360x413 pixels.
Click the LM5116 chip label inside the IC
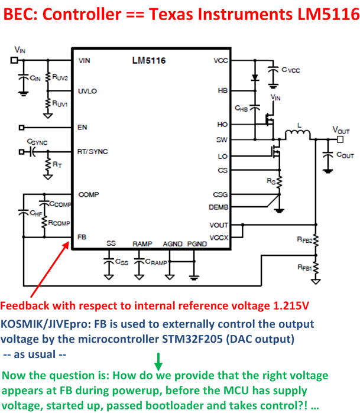coord(149,60)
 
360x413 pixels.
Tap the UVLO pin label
coord(87,91)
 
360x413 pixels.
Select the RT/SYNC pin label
coord(93,151)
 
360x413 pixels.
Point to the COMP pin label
coord(88,194)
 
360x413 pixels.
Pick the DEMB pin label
coord(219,207)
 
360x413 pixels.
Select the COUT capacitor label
coord(345,155)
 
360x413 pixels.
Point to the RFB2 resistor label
coord(305,240)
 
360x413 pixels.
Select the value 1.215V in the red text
coord(286,306)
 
